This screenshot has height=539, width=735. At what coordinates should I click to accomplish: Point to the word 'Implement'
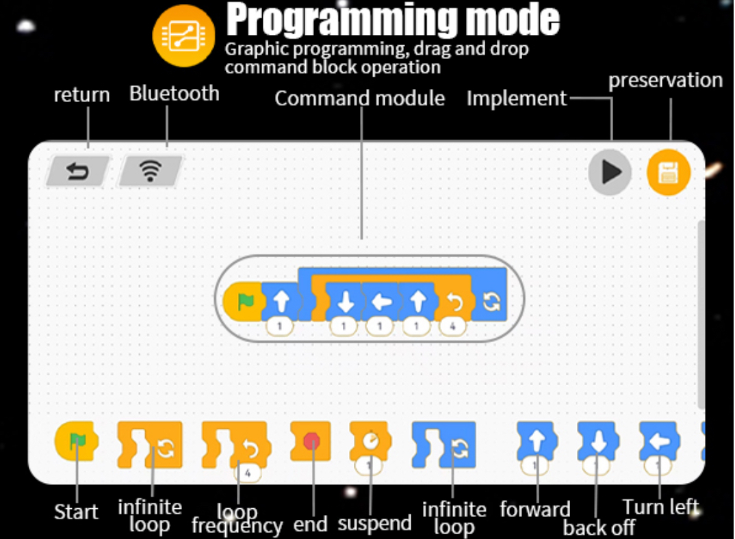point(517,99)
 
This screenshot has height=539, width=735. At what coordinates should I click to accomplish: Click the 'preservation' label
point(665,81)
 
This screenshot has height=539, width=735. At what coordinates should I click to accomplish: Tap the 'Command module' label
point(359,98)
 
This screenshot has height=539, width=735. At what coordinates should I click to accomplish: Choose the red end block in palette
point(311,441)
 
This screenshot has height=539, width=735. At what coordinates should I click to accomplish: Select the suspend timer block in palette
point(370,441)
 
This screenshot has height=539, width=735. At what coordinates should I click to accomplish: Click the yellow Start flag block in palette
point(77,441)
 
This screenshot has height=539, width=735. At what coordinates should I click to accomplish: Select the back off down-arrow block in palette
point(597,441)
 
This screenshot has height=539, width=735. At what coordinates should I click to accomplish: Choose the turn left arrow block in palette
point(659,441)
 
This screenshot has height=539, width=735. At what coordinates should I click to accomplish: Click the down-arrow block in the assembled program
point(343,302)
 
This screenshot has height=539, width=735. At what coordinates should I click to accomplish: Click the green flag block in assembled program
point(243,302)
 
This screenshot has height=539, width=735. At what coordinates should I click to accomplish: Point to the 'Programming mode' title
point(393,21)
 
